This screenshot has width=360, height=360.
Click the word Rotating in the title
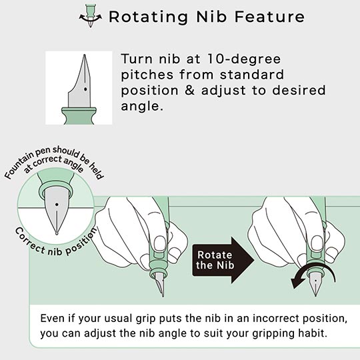149,17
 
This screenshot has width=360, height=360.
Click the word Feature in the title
269,17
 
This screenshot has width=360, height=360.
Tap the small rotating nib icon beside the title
91,15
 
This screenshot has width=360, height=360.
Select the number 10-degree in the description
244,59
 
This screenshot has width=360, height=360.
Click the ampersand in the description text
189,90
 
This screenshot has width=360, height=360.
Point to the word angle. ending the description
142,106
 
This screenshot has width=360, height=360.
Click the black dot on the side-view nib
85,89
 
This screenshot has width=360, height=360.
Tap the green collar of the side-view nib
79,116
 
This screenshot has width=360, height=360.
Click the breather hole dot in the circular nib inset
57,205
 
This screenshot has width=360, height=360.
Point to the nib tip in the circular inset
57,234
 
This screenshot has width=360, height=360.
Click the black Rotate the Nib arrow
223,260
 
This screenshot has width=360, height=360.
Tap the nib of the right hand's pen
315,285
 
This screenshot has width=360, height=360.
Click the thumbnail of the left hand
160,243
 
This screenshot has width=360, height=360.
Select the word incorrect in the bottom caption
275,319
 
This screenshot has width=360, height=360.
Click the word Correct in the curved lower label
30,241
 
